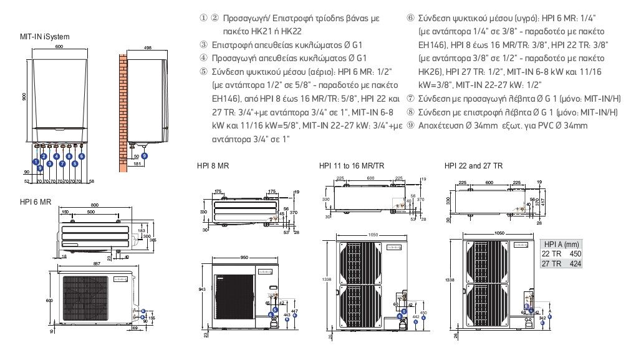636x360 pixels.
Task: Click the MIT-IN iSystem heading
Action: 45,37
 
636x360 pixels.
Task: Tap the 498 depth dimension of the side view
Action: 148,47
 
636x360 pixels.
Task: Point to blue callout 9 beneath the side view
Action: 145,155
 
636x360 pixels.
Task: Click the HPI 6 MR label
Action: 35,202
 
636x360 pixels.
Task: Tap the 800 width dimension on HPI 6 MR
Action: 94,205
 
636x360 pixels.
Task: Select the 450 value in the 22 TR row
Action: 576,254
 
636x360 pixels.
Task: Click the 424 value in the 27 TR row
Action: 576,263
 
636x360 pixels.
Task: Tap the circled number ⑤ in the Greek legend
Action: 204,72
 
